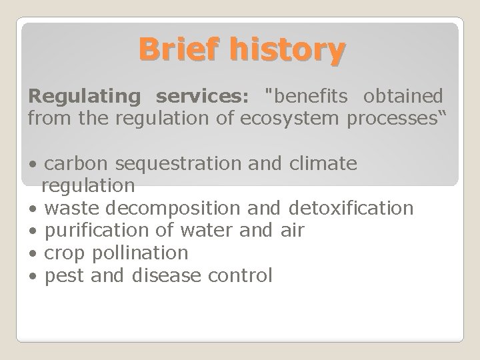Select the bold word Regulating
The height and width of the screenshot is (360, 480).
coord(85,95)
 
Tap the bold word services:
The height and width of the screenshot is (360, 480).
coord(202,95)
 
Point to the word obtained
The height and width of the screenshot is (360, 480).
coord(402,95)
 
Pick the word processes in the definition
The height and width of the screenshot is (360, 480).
coord(393,119)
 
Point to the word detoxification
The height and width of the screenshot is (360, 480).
coord(352,208)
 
